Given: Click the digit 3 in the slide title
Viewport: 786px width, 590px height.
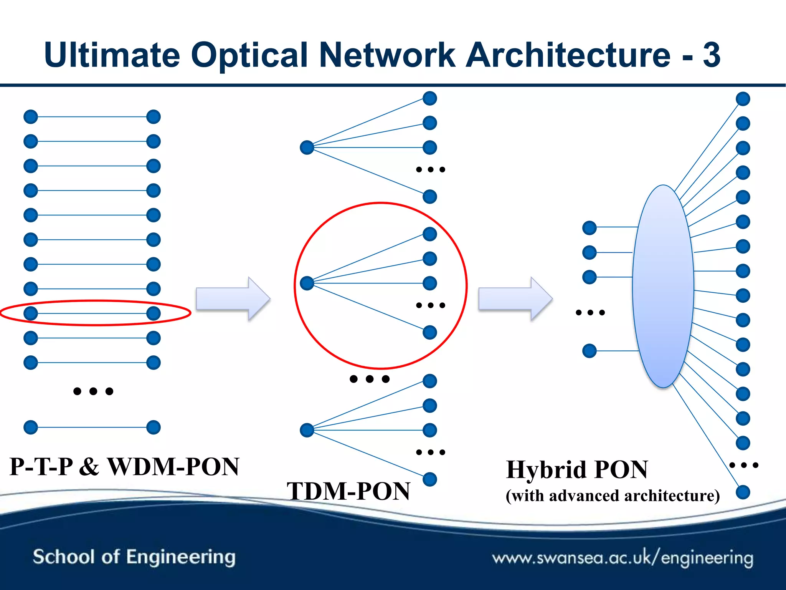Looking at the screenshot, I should [x=711, y=55].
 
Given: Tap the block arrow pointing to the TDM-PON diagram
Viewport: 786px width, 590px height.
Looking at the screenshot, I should [x=233, y=298].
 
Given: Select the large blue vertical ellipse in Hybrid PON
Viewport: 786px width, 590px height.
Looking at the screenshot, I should [x=663, y=287].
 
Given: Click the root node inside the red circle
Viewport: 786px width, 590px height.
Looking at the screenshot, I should [x=307, y=283].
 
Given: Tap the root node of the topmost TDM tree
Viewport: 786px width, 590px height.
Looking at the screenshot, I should [x=307, y=147].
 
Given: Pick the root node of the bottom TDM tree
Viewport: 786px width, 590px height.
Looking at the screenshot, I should [x=307, y=430].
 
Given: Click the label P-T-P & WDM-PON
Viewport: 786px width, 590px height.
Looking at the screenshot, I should [x=124, y=467].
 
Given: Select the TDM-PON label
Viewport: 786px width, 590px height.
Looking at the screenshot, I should [x=348, y=491].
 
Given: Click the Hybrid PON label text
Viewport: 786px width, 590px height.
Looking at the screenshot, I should [x=576, y=469].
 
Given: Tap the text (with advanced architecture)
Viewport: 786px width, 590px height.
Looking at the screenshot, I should [x=613, y=496].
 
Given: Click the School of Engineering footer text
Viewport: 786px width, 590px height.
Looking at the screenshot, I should [x=134, y=557].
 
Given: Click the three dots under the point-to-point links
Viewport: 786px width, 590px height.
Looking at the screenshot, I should [x=93, y=391].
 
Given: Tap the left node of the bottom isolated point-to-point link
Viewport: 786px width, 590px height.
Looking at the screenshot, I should [x=31, y=427].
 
